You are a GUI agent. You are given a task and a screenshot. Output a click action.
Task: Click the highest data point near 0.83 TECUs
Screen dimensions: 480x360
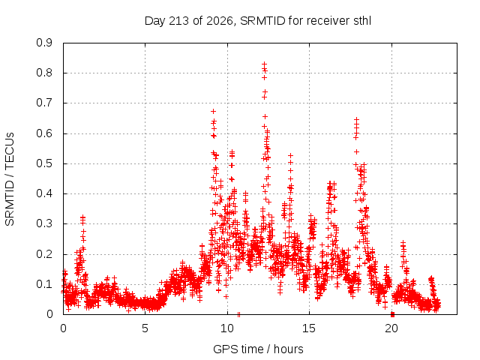264,64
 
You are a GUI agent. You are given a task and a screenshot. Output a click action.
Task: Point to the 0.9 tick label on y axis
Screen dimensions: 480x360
44,43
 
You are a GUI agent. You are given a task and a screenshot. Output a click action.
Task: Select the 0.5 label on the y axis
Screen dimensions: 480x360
44,163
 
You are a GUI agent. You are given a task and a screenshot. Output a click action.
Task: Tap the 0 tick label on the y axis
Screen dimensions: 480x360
49,314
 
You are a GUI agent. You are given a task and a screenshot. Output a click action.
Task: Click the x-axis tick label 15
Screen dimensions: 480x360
309,328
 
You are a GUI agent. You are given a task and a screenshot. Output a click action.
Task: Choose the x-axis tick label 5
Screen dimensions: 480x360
145,328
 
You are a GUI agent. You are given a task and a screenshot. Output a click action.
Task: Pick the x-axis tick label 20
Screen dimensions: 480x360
391,328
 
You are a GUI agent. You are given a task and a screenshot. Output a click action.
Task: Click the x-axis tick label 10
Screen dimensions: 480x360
227,328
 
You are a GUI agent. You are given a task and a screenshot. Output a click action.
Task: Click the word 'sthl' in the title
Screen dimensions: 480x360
362,21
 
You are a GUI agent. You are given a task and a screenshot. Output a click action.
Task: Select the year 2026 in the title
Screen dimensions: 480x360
220,21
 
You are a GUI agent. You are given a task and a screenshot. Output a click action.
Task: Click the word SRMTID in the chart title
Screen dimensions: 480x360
263,21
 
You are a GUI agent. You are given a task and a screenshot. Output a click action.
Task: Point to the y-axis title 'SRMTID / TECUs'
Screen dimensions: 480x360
10,179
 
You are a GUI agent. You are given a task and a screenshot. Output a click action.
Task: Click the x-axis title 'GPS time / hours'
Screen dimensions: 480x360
258,349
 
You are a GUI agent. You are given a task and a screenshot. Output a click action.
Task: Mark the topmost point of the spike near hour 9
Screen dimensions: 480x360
213,112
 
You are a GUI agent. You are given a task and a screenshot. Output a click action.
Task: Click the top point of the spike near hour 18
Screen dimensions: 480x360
356,119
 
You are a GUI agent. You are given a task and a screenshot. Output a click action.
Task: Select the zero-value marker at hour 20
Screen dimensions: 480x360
392,314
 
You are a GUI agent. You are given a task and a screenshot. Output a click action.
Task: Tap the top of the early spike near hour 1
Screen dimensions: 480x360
82,217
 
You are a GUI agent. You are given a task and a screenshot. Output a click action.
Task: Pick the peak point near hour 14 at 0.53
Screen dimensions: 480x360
290,156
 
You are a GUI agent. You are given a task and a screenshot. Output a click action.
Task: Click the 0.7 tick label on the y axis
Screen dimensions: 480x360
44,103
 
